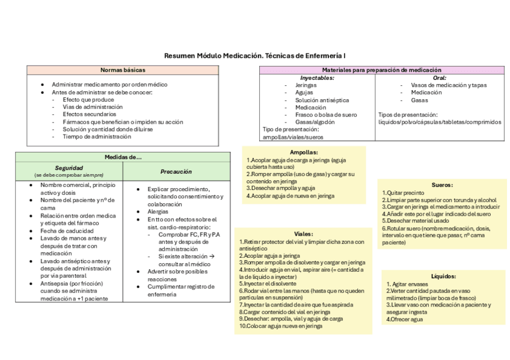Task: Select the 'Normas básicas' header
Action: [123, 70]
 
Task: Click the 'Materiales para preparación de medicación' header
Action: [382, 70]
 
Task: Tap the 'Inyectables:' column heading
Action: [317, 78]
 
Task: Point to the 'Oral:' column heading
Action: [440, 78]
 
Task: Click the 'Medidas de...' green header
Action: [123, 157]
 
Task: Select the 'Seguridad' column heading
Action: [69, 168]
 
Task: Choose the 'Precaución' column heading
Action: [176, 171]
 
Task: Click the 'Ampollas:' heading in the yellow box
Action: [303, 153]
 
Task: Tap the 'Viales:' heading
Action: [303, 234]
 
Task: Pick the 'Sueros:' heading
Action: [442, 185]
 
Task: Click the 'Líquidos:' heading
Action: [443, 276]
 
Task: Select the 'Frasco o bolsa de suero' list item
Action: [326, 114]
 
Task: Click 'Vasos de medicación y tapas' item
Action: [449, 85]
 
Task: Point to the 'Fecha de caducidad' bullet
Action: [67, 231]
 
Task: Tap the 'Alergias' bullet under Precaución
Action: [158, 212]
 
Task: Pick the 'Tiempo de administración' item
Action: [97, 136]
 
